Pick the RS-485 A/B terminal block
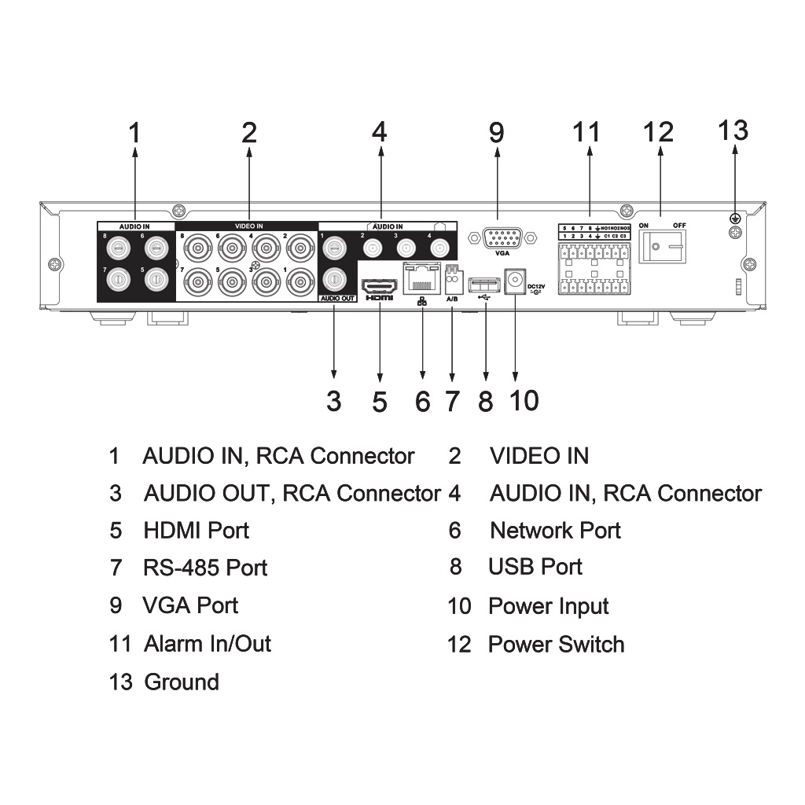click(452, 276)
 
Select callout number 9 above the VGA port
click(496, 132)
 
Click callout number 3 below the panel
click(334, 401)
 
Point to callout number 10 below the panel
click(524, 400)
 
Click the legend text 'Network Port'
click(555, 531)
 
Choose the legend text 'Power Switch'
click(556, 645)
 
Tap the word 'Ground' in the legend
click(182, 682)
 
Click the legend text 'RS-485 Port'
click(205, 568)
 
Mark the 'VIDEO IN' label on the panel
click(249, 226)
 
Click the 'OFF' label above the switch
click(678, 226)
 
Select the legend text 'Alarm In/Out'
click(208, 644)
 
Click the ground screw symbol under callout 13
click(736, 219)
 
